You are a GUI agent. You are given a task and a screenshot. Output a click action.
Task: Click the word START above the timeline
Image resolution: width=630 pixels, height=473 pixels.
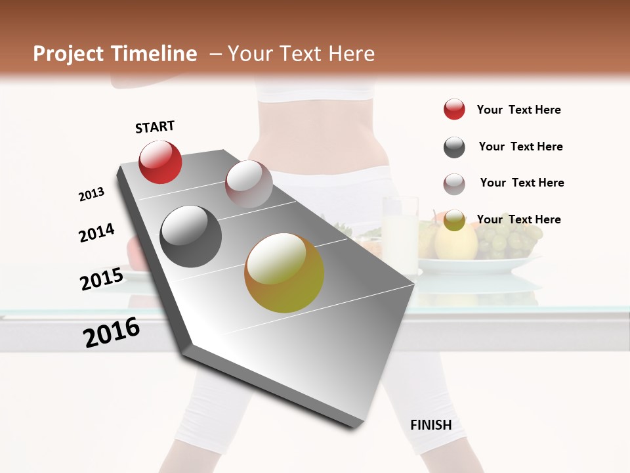(155, 127)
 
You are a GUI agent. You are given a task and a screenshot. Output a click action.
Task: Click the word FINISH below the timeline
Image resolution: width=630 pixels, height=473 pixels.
(430, 425)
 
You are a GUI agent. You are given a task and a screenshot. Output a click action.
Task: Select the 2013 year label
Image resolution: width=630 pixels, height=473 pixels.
(91, 194)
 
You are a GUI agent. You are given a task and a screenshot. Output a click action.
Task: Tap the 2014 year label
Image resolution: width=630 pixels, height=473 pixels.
(96, 233)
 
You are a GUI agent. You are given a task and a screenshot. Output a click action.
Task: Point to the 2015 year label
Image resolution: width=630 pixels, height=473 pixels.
(102, 279)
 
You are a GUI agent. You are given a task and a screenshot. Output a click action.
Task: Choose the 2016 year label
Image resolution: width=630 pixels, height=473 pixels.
(112, 332)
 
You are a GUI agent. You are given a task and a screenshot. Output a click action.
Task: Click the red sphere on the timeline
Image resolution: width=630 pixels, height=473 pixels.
(160, 162)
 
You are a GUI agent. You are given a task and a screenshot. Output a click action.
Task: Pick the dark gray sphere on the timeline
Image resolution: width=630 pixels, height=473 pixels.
(191, 236)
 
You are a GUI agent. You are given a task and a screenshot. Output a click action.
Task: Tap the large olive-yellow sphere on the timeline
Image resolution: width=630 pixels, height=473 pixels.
(284, 273)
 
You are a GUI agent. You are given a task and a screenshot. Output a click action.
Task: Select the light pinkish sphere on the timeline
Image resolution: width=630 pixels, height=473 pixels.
(249, 184)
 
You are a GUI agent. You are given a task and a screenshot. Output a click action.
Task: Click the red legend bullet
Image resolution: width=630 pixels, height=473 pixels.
(454, 110)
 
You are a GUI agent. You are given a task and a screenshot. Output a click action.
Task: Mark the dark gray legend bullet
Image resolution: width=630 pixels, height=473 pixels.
(454, 147)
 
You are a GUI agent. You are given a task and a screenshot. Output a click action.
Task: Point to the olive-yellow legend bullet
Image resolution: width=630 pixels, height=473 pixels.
(454, 220)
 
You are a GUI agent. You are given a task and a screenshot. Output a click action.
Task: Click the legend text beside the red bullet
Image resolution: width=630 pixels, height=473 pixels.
(518, 110)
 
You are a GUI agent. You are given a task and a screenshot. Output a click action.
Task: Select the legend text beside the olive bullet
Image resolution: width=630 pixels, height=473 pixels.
(518, 219)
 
